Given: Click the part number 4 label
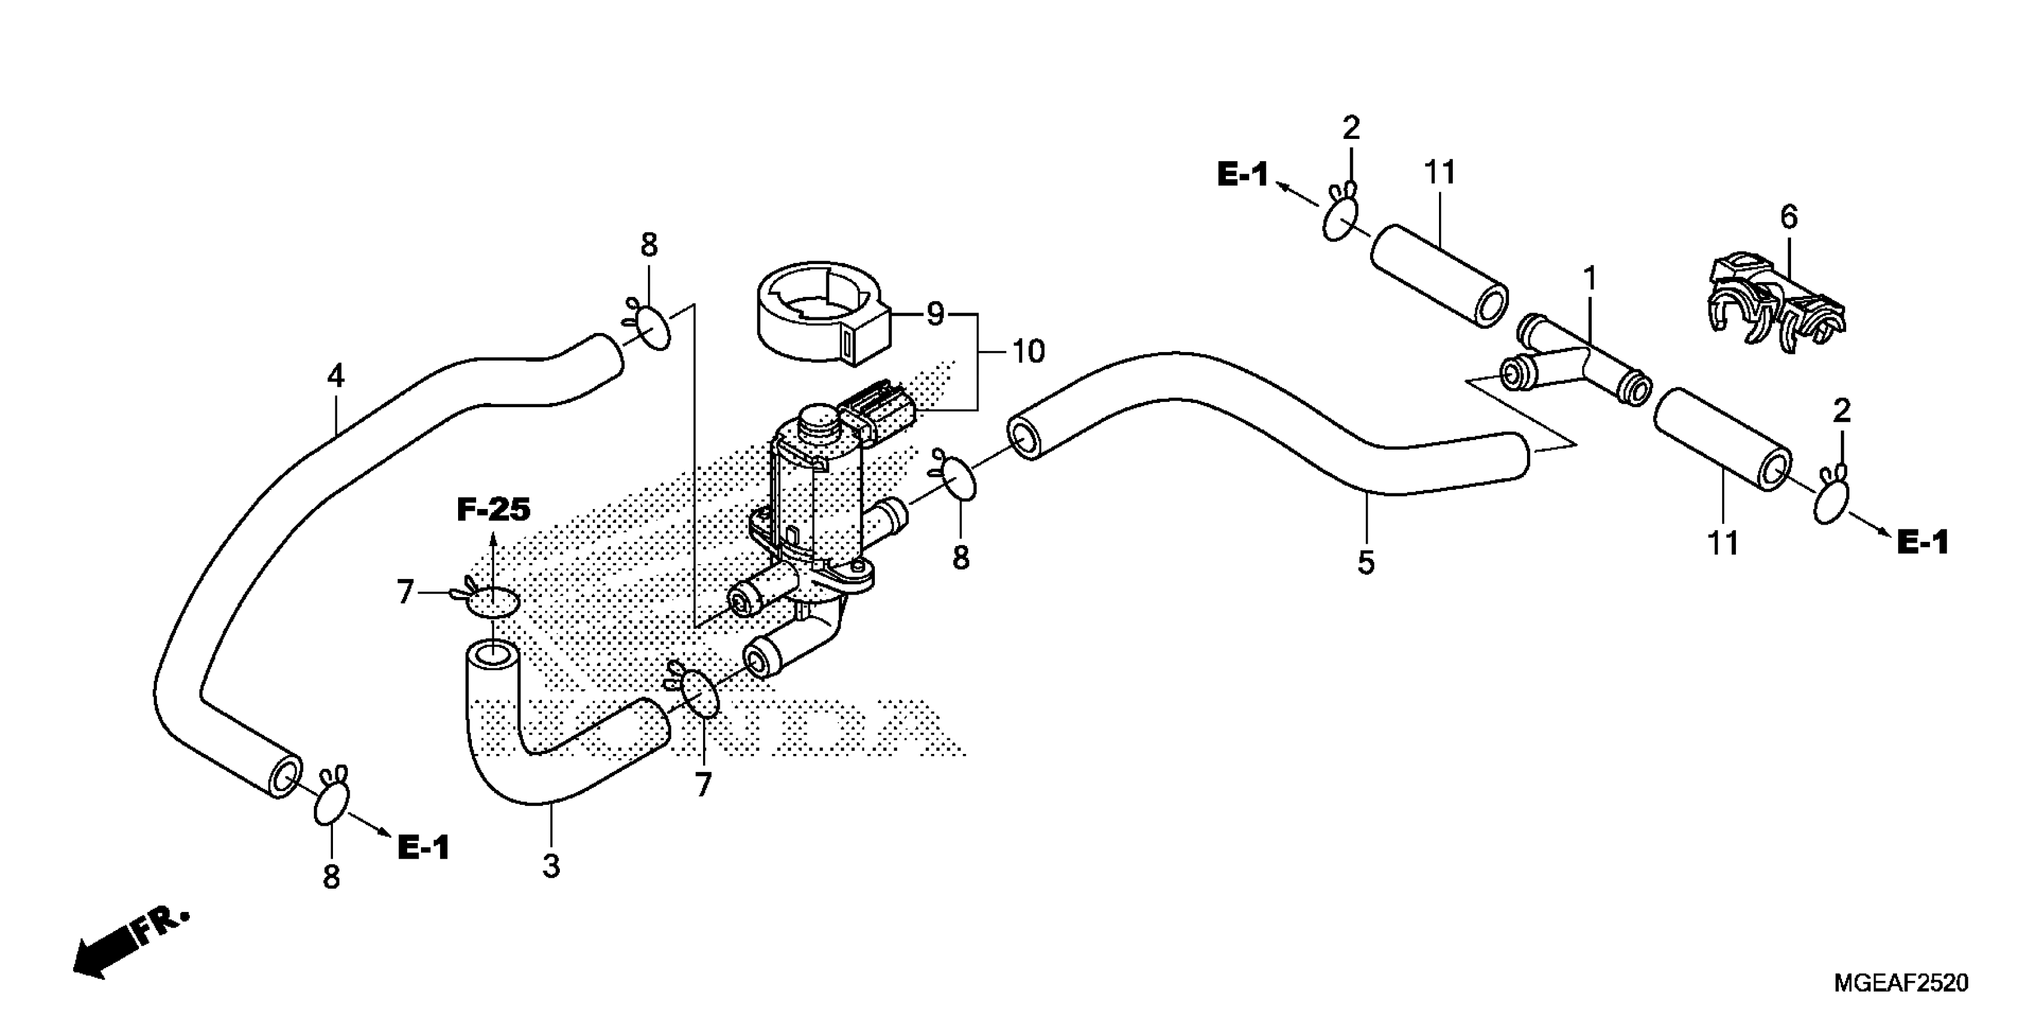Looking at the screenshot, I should click(336, 376).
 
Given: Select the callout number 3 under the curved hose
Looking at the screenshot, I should click(551, 866).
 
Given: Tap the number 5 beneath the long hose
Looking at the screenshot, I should click(1366, 563).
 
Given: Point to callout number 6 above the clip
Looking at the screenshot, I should click(1789, 217).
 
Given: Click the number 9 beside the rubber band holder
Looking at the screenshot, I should click(935, 314).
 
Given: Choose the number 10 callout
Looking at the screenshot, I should click(1028, 352).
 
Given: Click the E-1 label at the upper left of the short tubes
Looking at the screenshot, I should click(1243, 175).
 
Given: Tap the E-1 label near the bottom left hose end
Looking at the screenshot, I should click(423, 848).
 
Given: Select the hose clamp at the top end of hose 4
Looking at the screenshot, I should click(653, 326).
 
